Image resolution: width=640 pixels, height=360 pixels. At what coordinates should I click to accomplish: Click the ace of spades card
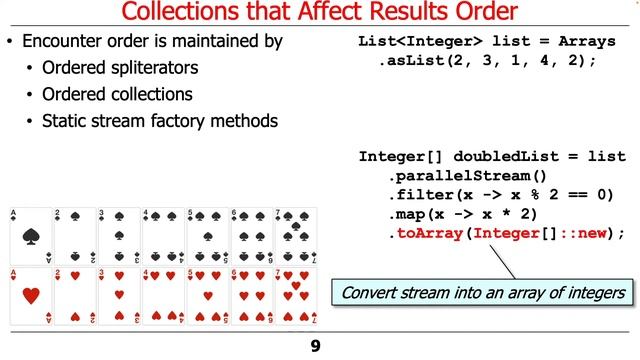click(x=30, y=236)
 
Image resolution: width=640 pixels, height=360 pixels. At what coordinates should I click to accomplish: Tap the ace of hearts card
click(x=30, y=297)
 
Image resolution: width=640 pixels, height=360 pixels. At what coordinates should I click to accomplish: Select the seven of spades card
click(x=295, y=236)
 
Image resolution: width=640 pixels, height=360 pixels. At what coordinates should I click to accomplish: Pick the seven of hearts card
click(x=295, y=297)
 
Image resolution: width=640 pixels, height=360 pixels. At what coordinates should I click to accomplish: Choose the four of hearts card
click(x=163, y=297)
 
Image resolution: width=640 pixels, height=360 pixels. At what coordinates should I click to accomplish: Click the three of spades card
click(x=119, y=236)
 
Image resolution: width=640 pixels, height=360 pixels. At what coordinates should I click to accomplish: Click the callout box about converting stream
click(x=483, y=293)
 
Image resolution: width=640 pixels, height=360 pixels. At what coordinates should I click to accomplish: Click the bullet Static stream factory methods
click(x=159, y=121)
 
